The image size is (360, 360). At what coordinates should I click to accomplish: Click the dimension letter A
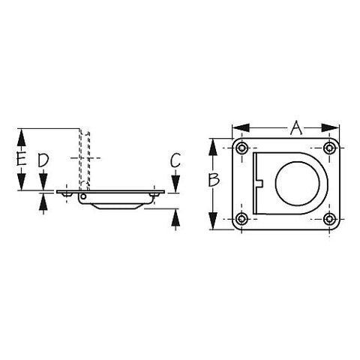(x=296, y=127)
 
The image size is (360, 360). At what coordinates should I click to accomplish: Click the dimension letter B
(x=214, y=180)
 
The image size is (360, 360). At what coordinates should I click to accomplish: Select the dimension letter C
(x=175, y=160)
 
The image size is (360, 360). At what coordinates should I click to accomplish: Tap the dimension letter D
(x=43, y=160)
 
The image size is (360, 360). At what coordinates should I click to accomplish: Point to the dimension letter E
(x=22, y=158)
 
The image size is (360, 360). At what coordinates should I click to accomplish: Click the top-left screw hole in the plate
(x=241, y=148)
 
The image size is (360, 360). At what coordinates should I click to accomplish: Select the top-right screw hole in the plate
(x=329, y=148)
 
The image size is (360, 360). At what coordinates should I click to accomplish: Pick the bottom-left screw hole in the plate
(x=241, y=219)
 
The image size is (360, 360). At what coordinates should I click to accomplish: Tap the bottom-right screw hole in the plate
(x=329, y=219)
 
